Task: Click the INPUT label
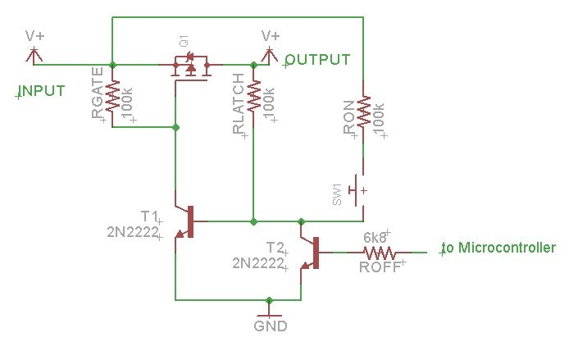pyautogui.click(x=42, y=90)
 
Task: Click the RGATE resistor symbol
pyautogui.click(x=113, y=96)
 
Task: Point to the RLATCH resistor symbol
pyautogui.click(x=253, y=96)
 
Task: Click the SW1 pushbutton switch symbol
pyautogui.click(x=358, y=190)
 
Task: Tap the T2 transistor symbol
pyautogui.click(x=311, y=252)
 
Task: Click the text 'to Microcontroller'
pyautogui.click(x=499, y=248)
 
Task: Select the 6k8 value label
pyautogui.click(x=375, y=236)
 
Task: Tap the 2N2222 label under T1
pyautogui.click(x=131, y=232)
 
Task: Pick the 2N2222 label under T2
pyautogui.click(x=257, y=263)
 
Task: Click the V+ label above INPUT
pyautogui.click(x=34, y=36)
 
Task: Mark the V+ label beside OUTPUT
pyautogui.click(x=270, y=36)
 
